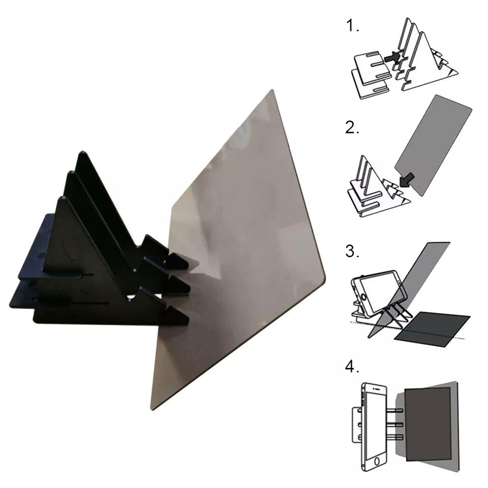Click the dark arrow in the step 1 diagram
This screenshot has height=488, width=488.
click(391, 59)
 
